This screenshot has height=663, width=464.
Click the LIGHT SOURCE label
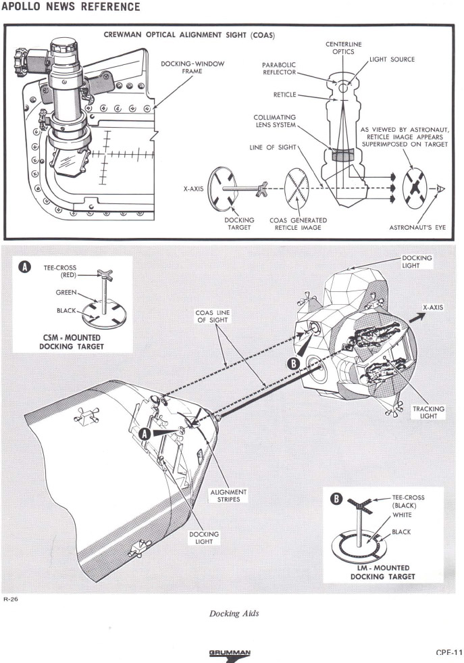pyautogui.click(x=392, y=59)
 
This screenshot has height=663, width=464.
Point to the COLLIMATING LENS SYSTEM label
pyautogui.click(x=273, y=124)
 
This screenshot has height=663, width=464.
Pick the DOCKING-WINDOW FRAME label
pyautogui.click(x=192, y=67)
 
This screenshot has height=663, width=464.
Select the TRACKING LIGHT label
pyautogui.click(x=428, y=412)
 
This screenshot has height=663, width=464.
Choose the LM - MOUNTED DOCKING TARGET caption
pyautogui.click(x=380, y=572)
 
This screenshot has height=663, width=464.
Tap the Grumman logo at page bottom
pyautogui.click(x=231, y=654)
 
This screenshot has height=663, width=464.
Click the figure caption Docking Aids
pyautogui.click(x=232, y=612)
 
